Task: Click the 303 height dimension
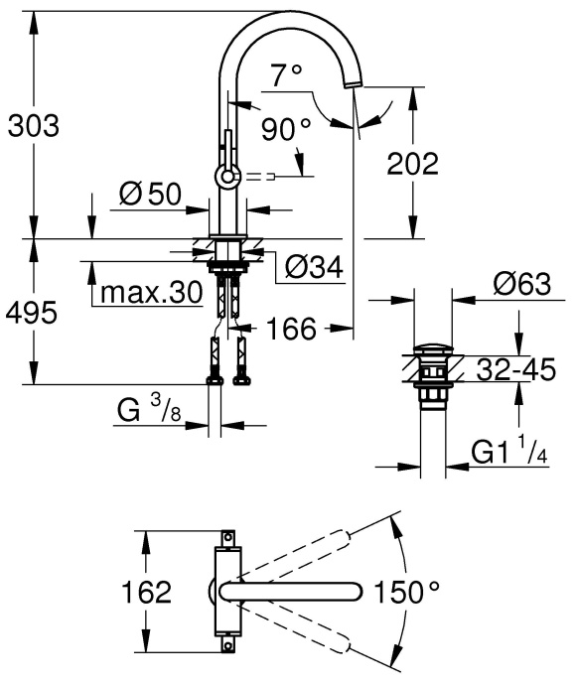click(33, 126)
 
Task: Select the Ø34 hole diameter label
click(313, 266)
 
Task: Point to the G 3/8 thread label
click(151, 410)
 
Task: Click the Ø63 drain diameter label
click(520, 285)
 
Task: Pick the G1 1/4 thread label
click(509, 453)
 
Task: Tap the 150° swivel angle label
click(406, 594)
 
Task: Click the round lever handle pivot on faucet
click(227, 177)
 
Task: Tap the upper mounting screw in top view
click(227, 539)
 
